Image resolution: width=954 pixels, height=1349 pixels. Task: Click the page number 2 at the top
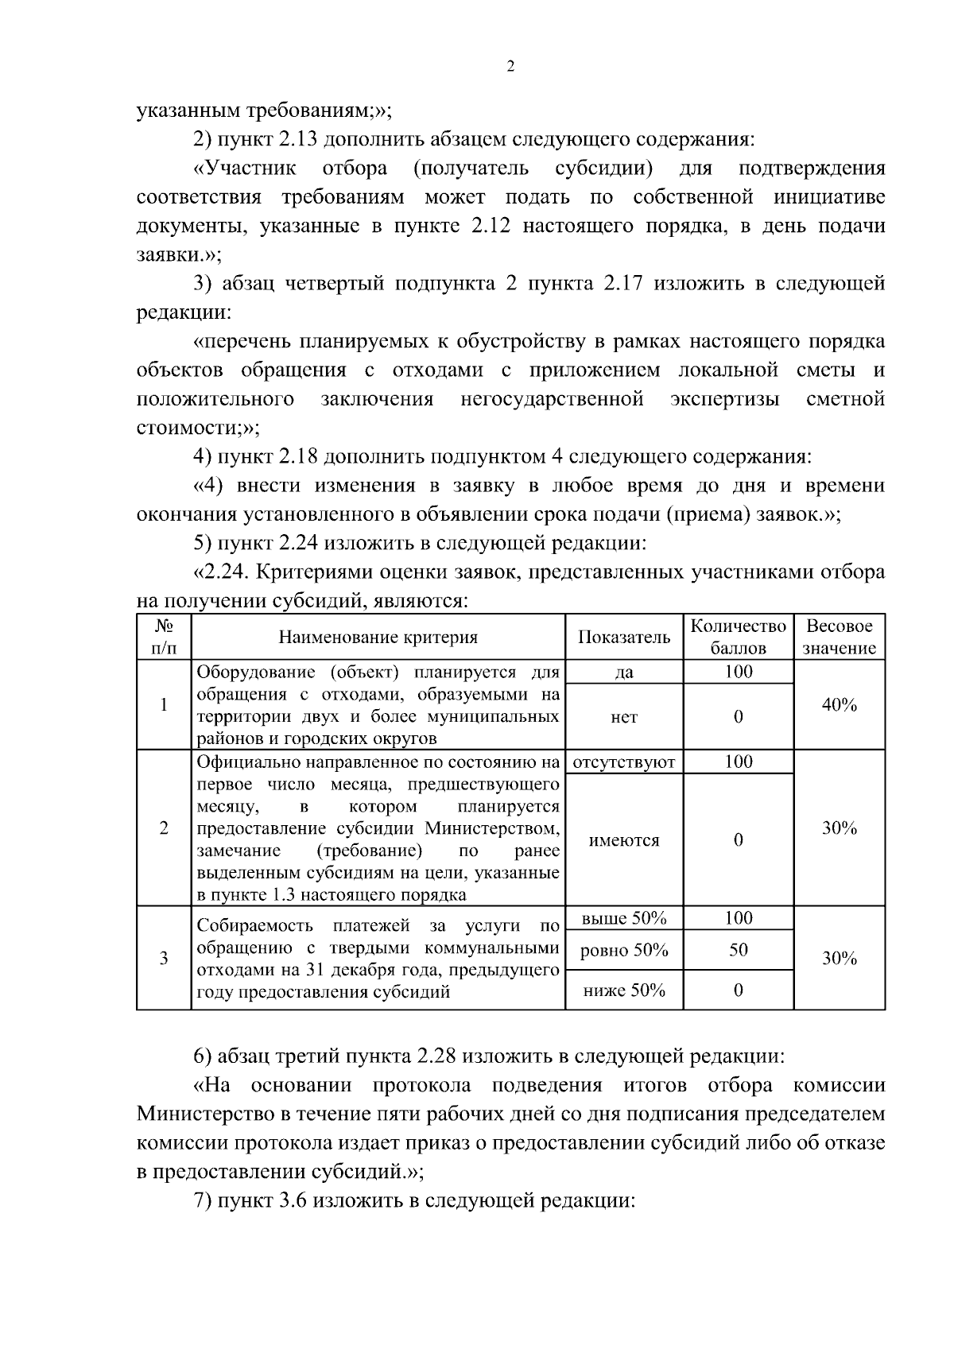coord(510,68)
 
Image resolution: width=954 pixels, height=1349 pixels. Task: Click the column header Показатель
coord(624,638)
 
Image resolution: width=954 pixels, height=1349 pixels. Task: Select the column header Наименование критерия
coord(378,638)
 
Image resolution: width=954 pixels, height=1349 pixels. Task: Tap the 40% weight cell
coord(839,705)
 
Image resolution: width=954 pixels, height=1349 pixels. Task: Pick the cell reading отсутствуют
coord(624,762)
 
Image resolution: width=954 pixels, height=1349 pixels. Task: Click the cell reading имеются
coord(624,840)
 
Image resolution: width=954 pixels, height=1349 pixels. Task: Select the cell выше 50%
coord(624,919)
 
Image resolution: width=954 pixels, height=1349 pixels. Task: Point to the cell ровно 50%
coord(624,951)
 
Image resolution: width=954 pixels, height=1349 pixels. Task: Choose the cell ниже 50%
coord(624,990)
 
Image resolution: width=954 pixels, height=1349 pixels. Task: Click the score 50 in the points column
coord(738,951)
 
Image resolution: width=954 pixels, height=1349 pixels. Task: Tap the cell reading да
coord(624,673)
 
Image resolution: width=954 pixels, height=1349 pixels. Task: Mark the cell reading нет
coord(624,717)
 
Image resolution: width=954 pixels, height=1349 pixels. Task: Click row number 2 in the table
coord(164,828)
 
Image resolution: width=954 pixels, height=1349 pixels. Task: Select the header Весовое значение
coord(839,638)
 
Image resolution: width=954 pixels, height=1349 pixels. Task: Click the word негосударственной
coord(552,399)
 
